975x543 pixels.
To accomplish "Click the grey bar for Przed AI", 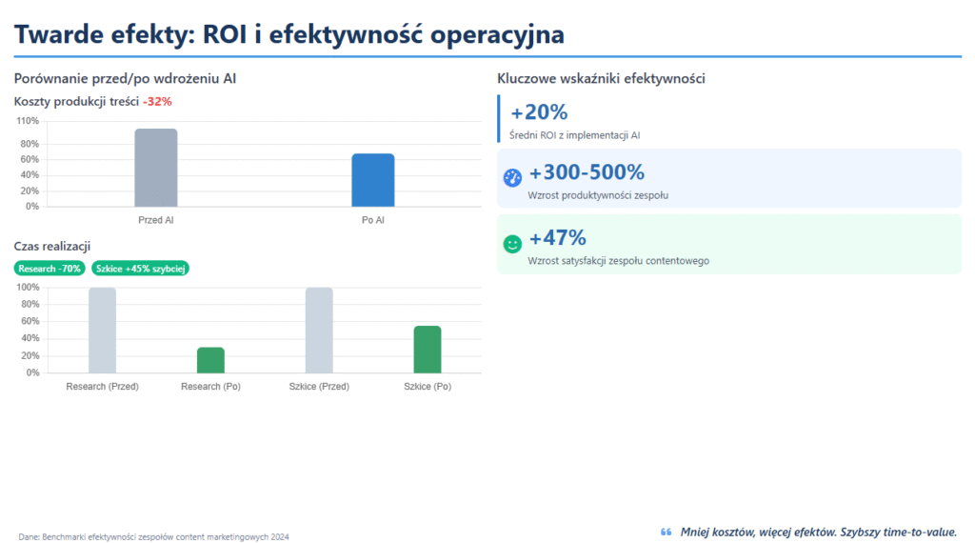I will pos(155,168).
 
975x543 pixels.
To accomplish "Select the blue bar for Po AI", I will pos(372,180).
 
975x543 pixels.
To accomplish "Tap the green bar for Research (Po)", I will pos(210,360).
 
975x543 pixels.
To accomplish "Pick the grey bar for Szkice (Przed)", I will pos(319,330).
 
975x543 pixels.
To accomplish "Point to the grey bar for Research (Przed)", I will pos(102,330).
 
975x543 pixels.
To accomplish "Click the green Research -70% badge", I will pos(50,269).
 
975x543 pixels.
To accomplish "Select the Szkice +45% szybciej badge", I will pos(141,269).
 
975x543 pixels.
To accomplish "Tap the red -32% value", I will pos(157,101).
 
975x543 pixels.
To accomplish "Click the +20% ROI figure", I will pos(539,112).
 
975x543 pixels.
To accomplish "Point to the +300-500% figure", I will pos(587,172).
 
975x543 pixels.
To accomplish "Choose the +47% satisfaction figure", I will pos(557,237).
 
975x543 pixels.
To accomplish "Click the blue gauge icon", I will pos(512,177).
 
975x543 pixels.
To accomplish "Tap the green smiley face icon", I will pos(512,244).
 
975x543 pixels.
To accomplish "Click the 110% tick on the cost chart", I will pos(28,121).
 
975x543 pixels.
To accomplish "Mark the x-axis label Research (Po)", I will pos(210,387).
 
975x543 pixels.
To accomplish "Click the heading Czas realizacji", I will pos(51,247).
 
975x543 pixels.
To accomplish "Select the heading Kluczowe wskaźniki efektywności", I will pos(601,78).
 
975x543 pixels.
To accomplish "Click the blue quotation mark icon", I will pos(666,532).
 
